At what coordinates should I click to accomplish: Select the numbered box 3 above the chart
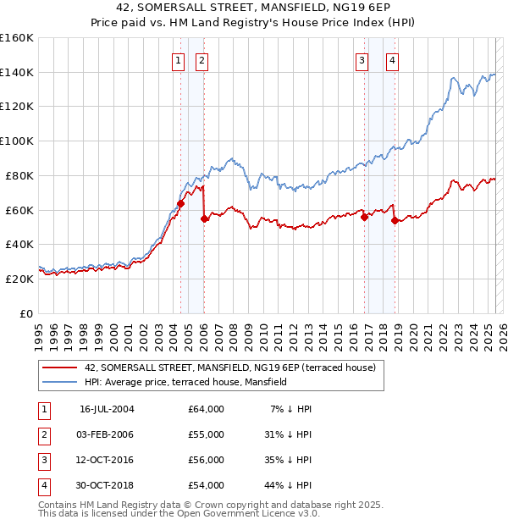[362, 60]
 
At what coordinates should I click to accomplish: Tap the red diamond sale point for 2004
[181, 203]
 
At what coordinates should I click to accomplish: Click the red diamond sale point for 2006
[204, 218]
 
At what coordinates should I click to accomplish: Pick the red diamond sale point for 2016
[365, 217]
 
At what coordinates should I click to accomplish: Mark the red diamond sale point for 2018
[395, 220]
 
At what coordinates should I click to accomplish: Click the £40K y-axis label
[20, 244]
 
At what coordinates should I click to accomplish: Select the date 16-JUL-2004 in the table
[107, 409]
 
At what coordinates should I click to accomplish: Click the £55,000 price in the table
[207, 434]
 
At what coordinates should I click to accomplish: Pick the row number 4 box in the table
[43, 485]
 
